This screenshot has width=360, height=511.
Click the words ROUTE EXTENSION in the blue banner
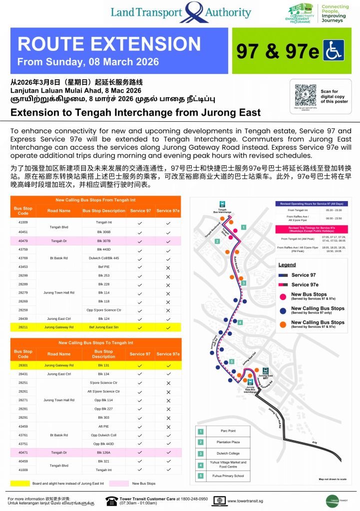109,44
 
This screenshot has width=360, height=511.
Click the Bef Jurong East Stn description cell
104,327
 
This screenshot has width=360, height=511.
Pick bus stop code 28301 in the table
23,365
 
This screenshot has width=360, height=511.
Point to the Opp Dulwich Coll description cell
104,435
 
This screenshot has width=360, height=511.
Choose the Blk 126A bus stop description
104,452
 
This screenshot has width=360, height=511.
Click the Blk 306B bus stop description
104,232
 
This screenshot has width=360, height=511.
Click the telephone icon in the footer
111,500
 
